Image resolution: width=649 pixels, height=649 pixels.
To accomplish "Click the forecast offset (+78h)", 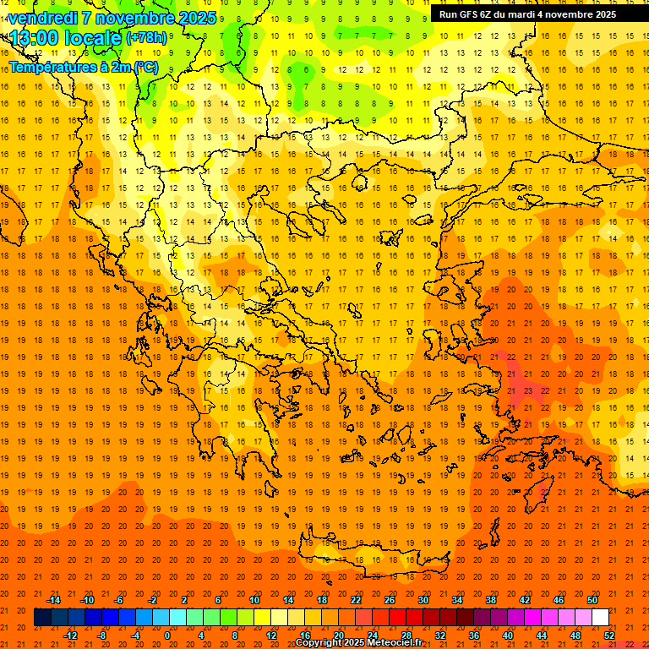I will pyautogui.click(x=146, y=38).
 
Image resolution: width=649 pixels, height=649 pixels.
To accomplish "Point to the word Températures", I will pyautogui.click(x=50, y=67).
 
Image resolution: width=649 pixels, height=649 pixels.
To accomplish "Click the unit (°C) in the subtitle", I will pyautogui.click(x=145, y=67).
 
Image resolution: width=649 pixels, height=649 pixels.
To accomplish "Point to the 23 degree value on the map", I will pyautogui.click(x=527, y=391).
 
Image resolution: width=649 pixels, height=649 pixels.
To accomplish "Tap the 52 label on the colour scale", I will pyautogui.click(x=609, y=635).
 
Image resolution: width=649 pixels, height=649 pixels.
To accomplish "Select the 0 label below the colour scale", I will pyautogui.click(x=167, y=635).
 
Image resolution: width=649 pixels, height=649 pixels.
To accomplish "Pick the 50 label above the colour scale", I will pyautogui.click(x=592, y=600).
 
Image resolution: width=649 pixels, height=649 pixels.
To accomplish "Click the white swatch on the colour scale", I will pyautogui.click(x=600, y=618).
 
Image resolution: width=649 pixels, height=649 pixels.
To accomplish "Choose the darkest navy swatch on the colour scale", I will pyautogui.click(x=42, y=618).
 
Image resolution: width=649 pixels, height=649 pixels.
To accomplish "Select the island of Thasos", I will pyautogui.click(x=360, y=183).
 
